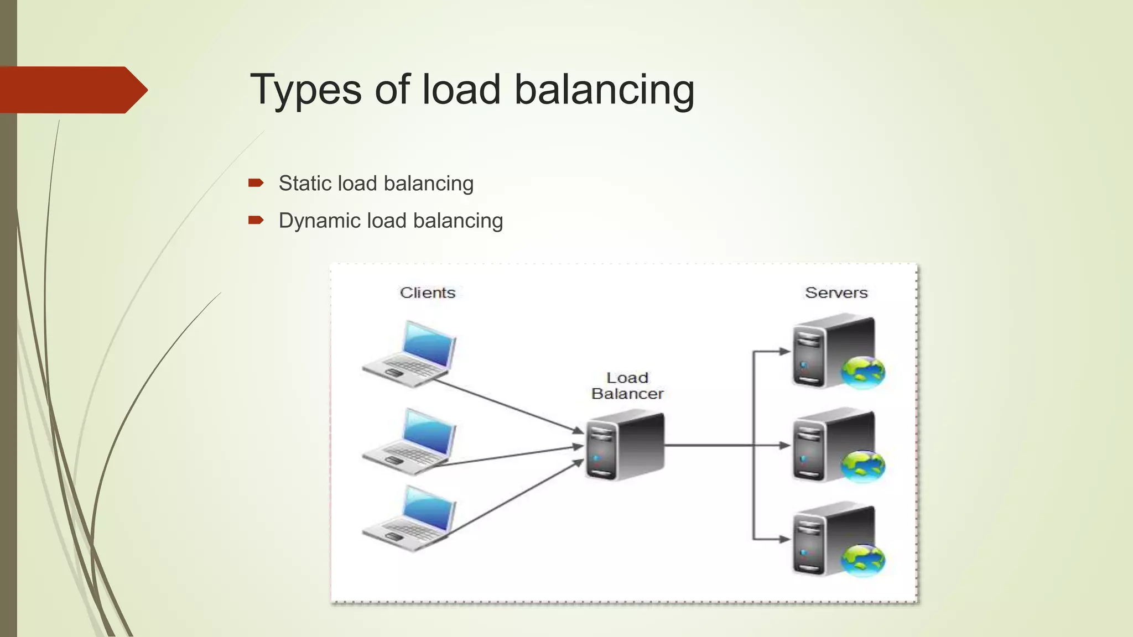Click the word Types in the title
(x=305, y=90)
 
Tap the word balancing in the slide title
(x=604, y=90)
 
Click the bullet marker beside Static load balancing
(x=256, y=184)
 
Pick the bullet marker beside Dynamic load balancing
(x=256, y=221)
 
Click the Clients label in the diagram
(x=428, y=293)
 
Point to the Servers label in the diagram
(x=836, y=293)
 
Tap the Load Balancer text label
(x=627, y=385)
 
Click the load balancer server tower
(x=625, y=445)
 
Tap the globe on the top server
(x=862, y=372)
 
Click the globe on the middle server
(x=862, y=466)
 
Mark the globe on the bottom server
(x=862, y=560)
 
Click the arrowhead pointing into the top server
(x=784, y=351)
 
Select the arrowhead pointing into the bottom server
(x=784, y=539)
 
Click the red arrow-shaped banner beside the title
(x=72, y=90)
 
